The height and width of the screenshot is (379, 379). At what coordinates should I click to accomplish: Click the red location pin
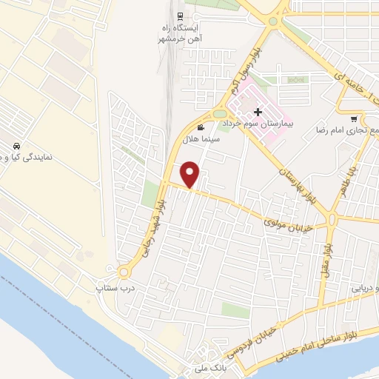[x=191, y=173]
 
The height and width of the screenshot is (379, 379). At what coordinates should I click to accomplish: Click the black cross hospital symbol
[x=258, y=113]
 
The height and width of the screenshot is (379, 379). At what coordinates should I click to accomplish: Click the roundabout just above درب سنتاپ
[x=124, y=272]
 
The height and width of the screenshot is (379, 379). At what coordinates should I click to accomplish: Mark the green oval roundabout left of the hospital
[x=220, y=113]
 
